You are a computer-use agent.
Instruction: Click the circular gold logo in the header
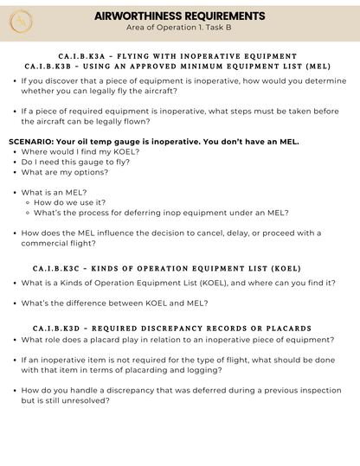21,21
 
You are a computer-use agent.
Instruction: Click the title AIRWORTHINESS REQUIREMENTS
179,16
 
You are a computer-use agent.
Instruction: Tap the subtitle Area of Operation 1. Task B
179,28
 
